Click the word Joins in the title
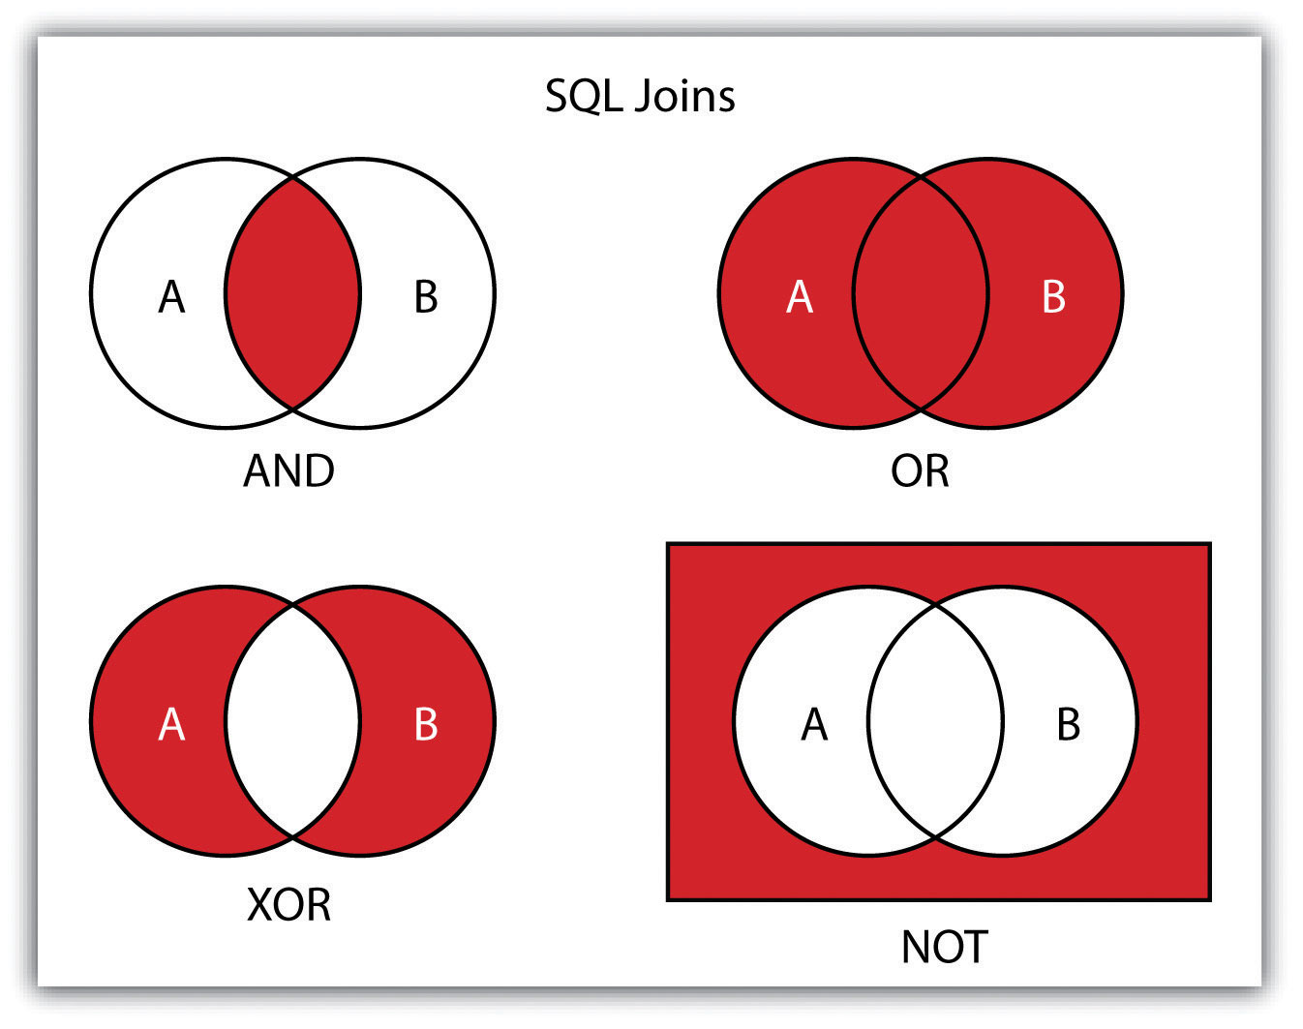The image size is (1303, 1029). (684, 96)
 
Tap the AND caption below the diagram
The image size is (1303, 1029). (288, 471)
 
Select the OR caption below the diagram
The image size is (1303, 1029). (920, 471)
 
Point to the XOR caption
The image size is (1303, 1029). (288, 905)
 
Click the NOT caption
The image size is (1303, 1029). (945, 948)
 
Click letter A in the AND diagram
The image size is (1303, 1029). (171, 297)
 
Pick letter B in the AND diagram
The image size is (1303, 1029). (426, 297)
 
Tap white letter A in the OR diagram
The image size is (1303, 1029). (800, 297)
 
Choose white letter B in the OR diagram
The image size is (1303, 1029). (1053, 297)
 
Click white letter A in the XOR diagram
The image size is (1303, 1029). (171, 724)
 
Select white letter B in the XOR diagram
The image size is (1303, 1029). (426, 724)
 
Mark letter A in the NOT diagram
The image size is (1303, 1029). (814, 724)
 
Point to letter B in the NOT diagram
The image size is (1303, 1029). (1068, 724)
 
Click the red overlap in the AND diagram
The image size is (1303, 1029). (293, 293)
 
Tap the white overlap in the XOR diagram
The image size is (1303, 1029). (293, 721)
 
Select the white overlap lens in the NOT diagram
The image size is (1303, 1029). (935, 721)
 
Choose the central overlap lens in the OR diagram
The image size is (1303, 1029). (921, 293)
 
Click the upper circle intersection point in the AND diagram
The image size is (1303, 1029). (293, 177)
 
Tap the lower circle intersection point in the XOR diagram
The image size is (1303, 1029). (293, 837)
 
